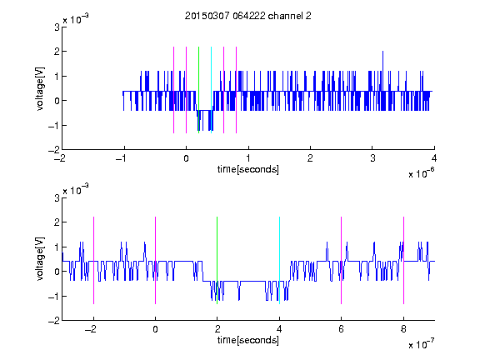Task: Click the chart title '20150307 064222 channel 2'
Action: pyautogui.click(x=248, y=16)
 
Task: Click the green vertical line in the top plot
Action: pyautogui.click(x=198, y=90)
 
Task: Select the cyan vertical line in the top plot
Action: pyautogui.click(x=211, y=90)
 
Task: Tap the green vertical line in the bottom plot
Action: pyautogui.click(x=217, y=260)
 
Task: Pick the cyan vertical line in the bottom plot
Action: pyautogui.click(x=279, y=260)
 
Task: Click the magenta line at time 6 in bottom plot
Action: pyautogui.click(x=342, y=260)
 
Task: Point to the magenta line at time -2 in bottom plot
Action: pyautogui.click(x=93, y=260)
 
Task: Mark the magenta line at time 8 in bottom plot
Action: pyautogui.click(x=404, y=260)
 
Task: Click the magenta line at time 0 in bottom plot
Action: pyautogui.click(x=156, y=260)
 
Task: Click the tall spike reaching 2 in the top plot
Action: pyautogui.click(x=382, y=71)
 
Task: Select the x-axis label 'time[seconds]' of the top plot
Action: pyautogui.click(x=248, y=169)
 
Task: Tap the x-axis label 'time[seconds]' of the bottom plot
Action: pyautogui.click(x=248, y=340)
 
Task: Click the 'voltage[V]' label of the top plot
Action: pyautogui.click(x=40, y=89)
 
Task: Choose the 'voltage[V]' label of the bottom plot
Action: pyautogui.click(x=40, y=259)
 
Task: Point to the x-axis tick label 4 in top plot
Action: pyautogui.click(x=434, y=158)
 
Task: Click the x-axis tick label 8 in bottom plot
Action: pyautogui.click(x=403, y=329)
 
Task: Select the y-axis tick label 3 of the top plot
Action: pyautogui.click(x=57, y=27)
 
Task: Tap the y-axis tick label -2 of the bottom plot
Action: pyautogui.click(x=54, y=321)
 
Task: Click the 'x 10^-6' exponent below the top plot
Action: pyautogui.click(x=421, y=172)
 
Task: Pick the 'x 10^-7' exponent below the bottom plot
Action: pyautogui.click(x=421, y=343)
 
